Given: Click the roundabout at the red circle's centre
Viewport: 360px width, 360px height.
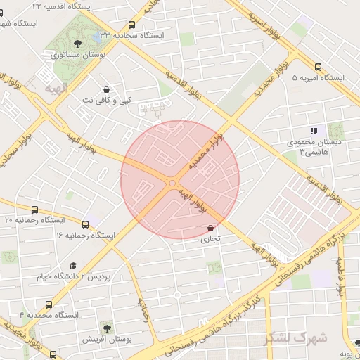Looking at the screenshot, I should (172, 184).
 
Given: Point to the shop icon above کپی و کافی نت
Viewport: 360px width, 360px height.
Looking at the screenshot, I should (105, 90).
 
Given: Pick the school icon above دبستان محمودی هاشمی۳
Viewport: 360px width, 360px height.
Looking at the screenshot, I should (314, 130).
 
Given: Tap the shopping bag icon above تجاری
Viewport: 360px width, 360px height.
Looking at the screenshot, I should (211, 228).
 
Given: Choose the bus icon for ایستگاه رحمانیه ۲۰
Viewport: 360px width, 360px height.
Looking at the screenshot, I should (36, 210).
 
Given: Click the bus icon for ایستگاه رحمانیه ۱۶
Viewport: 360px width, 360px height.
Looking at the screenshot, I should (86, 224).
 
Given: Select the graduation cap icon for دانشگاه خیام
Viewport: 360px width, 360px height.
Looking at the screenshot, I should (73, 265).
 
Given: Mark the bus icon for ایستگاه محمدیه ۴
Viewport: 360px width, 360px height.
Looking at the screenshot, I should (49, 304).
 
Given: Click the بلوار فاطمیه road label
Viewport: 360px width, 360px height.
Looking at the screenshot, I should (342, 270).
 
